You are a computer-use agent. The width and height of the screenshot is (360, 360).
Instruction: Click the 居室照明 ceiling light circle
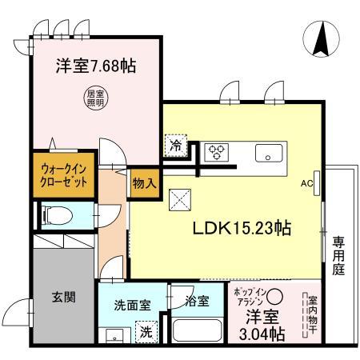tap(95, 98)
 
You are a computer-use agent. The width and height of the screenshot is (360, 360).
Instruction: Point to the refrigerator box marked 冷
tap(174, 146)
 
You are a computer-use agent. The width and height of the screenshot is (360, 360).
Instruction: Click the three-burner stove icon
tap(215, 152)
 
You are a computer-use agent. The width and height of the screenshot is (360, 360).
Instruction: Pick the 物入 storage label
tap(144, 182)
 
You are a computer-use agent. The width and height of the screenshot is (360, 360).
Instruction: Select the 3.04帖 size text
tap(258, 333)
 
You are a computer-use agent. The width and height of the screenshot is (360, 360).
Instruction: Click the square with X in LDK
tap(178, 199)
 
